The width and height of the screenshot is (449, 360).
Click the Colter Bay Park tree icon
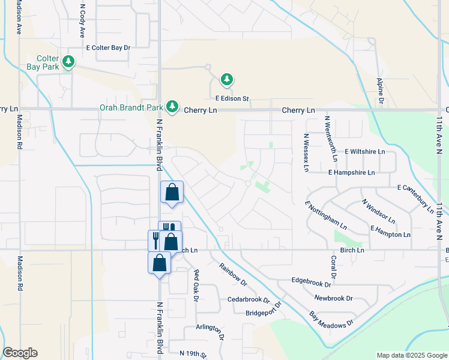click(69, 62)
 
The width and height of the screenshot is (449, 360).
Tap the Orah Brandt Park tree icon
click(173, 106)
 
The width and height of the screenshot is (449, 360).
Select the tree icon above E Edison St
click(226, 79)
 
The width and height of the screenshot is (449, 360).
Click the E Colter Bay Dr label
click(108, 47)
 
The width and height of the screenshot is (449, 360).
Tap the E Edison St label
click(232, 98)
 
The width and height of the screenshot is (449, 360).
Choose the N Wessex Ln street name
click(306, 152)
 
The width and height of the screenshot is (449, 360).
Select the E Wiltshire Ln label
click(364, 152)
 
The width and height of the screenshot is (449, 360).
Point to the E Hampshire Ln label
click(351, 172)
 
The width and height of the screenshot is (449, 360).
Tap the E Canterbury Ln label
click(415, 199)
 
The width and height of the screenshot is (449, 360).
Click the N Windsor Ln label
click(378, 211)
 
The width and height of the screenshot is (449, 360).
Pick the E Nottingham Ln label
click(326, 216)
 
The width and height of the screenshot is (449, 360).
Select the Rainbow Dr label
click(234, 274)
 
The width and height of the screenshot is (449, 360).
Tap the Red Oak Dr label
click(196, 285)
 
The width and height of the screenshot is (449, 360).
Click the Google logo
click(20, 353)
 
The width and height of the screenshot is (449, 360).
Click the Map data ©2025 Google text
click(411, 355)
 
